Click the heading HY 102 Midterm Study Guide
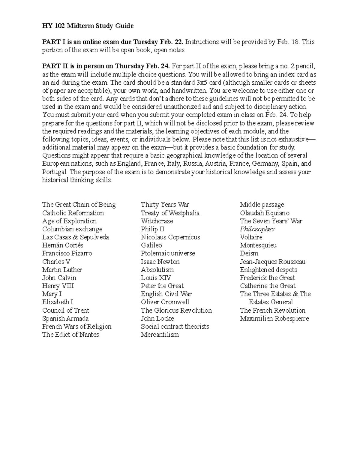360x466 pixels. pyautogui.click(x=88, y=26)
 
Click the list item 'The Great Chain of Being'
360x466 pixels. pyautogui.click(x=79, y=205)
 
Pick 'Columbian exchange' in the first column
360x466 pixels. pyautogui.click(x=72, y=229)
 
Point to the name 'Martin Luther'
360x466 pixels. pyautogui.click(x=62, y=270)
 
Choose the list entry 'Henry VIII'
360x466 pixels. pyautogui.click(x=58, y=286)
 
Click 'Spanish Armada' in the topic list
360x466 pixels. pyautogui.click(x=65, y=319)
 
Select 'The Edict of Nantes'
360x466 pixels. pyautogui.click(x=70, y=335)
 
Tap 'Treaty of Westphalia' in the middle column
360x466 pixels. pyautogui.click(x=170, y=213)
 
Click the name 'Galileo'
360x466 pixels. pyautogui.click(x=151, y=245)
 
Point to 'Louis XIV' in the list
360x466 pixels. pyautogui.click(x=156, y=278)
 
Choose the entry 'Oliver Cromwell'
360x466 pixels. pyautogui.click(x=165, y=302)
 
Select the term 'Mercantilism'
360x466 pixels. pyautogui.click(x=160, y=335)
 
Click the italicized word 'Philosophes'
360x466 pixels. pyautogui.click(x=257, y=229)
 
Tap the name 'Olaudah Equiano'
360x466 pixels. pyautogui.click(x=265, y=213)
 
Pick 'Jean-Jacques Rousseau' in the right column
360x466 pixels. pyautogui.click(x=273, y=262)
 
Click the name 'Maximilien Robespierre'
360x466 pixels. pyautogui.click(x=274, y=319)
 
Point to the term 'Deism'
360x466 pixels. pyautogui.click(x=249, y=254)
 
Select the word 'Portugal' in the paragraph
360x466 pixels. pyautogui.click(x=55, y=172)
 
